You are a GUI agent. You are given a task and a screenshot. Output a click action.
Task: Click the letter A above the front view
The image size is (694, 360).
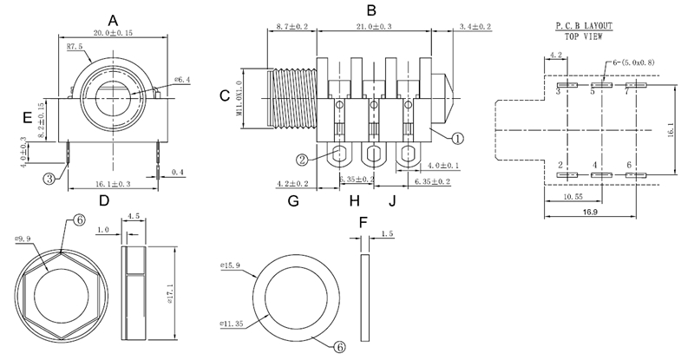[x=113, y=20]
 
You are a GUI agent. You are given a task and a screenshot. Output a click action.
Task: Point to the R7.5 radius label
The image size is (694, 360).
[x=74, y=46]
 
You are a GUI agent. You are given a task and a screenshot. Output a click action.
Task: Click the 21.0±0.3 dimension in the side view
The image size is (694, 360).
[x=374, y=27]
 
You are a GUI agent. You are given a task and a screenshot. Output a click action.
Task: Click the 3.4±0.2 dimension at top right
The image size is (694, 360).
[x=474, y=27]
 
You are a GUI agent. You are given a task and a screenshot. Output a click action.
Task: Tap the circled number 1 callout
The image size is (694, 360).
[x=459, y=137]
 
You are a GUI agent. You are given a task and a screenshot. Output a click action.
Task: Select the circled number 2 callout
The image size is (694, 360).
[x=302, y=159]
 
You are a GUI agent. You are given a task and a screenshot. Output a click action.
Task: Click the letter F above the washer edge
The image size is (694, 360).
[x=364, y=222]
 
